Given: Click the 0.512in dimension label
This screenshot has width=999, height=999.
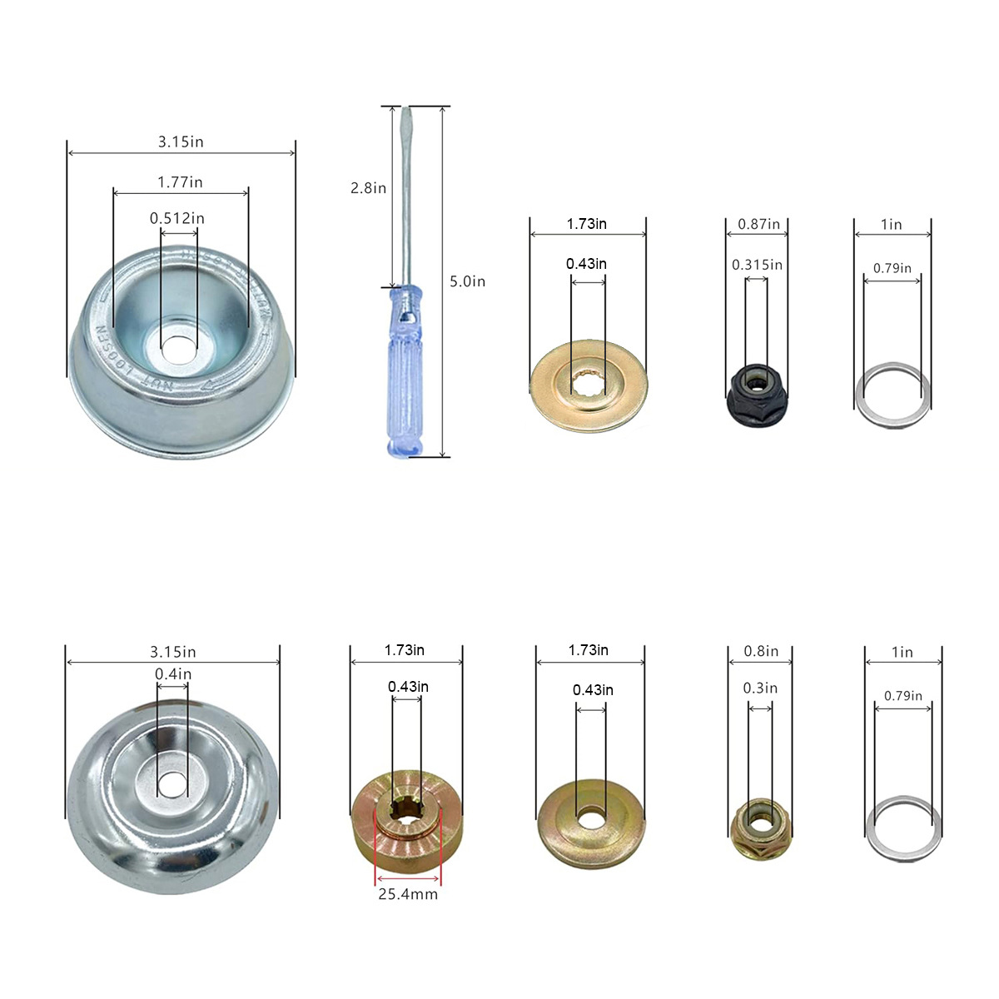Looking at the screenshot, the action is [176, 218].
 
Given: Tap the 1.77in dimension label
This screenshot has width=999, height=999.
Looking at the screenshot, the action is [180, 182].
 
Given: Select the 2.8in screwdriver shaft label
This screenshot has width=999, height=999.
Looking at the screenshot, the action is [368, 187].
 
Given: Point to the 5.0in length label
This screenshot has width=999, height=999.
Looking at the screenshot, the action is [467, 281].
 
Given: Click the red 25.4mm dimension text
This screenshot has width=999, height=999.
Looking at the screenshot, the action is [408, 894].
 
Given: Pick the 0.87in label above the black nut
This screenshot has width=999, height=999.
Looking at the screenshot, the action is [758, 224].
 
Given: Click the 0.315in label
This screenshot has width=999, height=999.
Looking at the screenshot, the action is [757, 265].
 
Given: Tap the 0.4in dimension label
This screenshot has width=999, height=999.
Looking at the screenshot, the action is [173, 674].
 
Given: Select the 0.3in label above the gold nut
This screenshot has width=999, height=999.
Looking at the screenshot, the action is [760, 688].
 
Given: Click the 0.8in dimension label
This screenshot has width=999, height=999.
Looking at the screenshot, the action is [761, 651].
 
